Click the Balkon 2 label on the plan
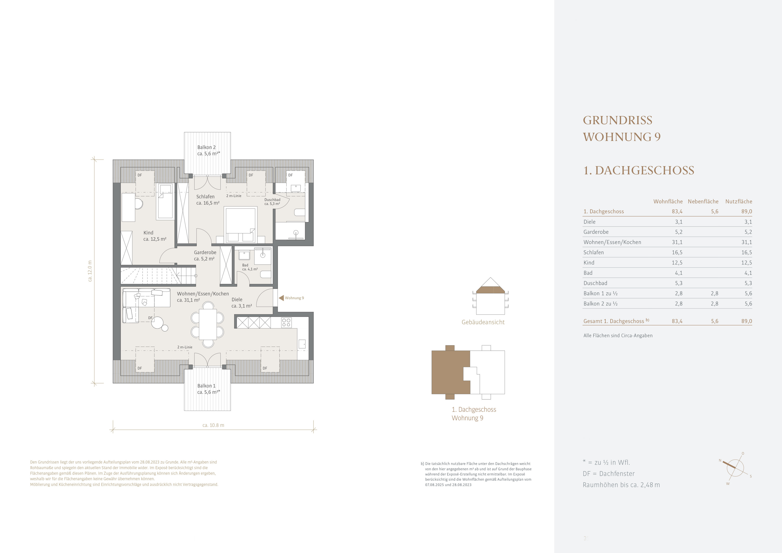click(206, 147)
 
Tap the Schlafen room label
click(205, 197)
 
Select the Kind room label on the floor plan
click(148, 233)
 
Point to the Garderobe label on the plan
click(205, 253)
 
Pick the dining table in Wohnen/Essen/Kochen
click(208, 324)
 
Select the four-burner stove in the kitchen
click(287, 322)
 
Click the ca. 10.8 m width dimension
click(213, 425)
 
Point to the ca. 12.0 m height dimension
click(90, 271)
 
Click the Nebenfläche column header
click(703, 201)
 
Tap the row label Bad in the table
click(588, 273)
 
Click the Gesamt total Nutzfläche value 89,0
click(747, 321)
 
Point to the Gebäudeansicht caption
click(483, 322)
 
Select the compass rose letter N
click(720, 461)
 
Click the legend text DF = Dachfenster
click(609, 474)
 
